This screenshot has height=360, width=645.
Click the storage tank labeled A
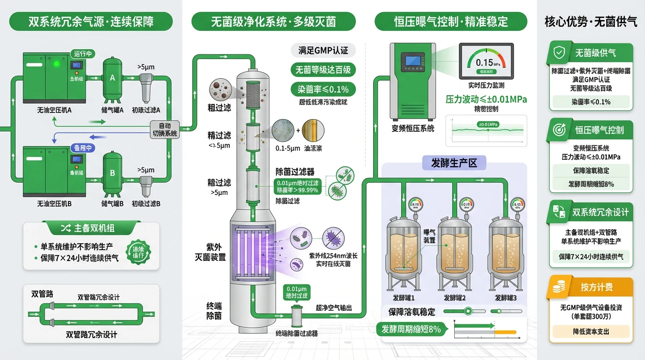[112, 80]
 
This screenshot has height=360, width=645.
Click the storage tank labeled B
[112, 174]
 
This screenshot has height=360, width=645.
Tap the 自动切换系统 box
[165, 129]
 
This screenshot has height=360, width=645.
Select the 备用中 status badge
[82, 148]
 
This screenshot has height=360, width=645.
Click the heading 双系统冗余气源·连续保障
[91, 22]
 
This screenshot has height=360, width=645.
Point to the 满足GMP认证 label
[323, 51]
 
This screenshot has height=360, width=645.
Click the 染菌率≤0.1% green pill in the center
[323, 89]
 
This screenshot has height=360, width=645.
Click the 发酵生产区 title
[454, 163]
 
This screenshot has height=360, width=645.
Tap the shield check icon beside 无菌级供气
[559, 53]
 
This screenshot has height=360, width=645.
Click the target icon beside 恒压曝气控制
[559, 130]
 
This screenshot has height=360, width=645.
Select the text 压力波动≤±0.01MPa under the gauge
[486, 99]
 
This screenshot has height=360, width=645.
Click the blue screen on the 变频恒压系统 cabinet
[413, 61]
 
